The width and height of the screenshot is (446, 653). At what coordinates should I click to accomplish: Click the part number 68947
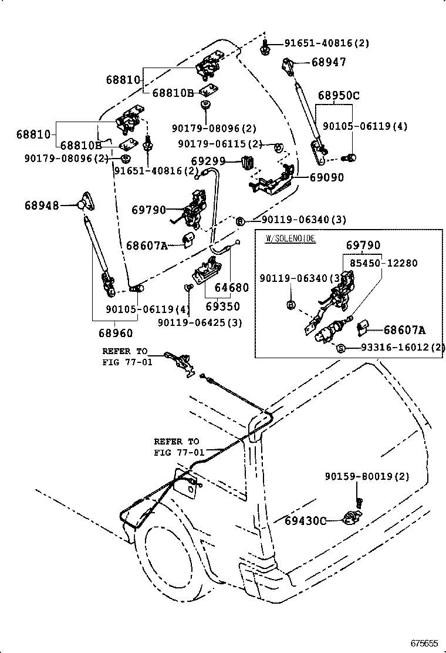329,62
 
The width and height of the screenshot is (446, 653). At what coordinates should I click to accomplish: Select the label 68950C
339,95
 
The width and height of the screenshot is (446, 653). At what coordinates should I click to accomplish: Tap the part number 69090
323,177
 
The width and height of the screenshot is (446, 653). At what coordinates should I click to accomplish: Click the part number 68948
42,205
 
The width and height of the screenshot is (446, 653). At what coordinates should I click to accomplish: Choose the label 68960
115,333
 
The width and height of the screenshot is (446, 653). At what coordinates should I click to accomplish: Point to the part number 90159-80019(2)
367,477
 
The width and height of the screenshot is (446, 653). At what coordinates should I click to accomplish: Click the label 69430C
305,520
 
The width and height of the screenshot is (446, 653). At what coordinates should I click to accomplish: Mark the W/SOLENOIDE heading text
290,238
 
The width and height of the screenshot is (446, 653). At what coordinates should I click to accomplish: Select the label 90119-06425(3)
200,322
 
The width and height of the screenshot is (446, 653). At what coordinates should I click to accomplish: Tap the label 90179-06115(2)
220,144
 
